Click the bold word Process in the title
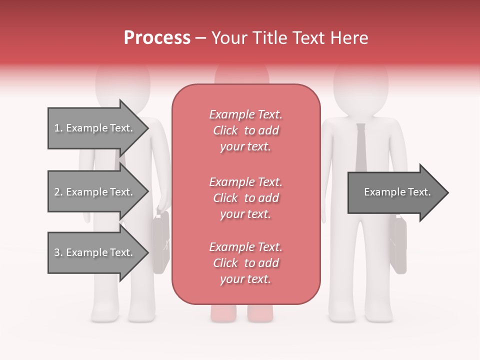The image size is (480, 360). (x=157, y=38)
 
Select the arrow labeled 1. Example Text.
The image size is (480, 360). (x=95, y=128)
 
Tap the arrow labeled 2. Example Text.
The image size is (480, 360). (x=95, y=192)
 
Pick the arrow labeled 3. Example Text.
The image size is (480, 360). (x=95, y=252)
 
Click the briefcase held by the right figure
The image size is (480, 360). (x=398, y=245)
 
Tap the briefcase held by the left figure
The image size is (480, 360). (x=160, y=242)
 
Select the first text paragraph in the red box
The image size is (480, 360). (x=245, y=130)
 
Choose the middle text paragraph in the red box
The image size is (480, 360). (x=245, y=198)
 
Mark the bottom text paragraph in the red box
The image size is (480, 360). (x=245, y=263)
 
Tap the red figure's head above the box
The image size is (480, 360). (x=241, y=75)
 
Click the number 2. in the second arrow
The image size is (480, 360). (x=58, y=192)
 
